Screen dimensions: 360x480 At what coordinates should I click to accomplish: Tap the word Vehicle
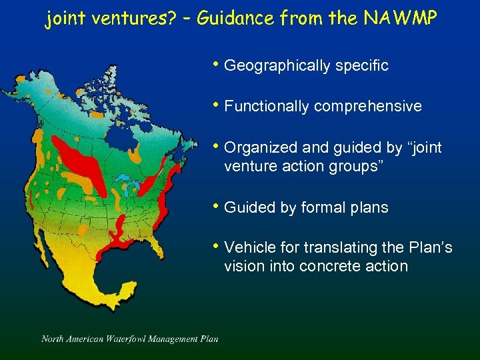point(248,248)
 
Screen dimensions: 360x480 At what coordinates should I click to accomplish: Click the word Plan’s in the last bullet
point(431,248)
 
